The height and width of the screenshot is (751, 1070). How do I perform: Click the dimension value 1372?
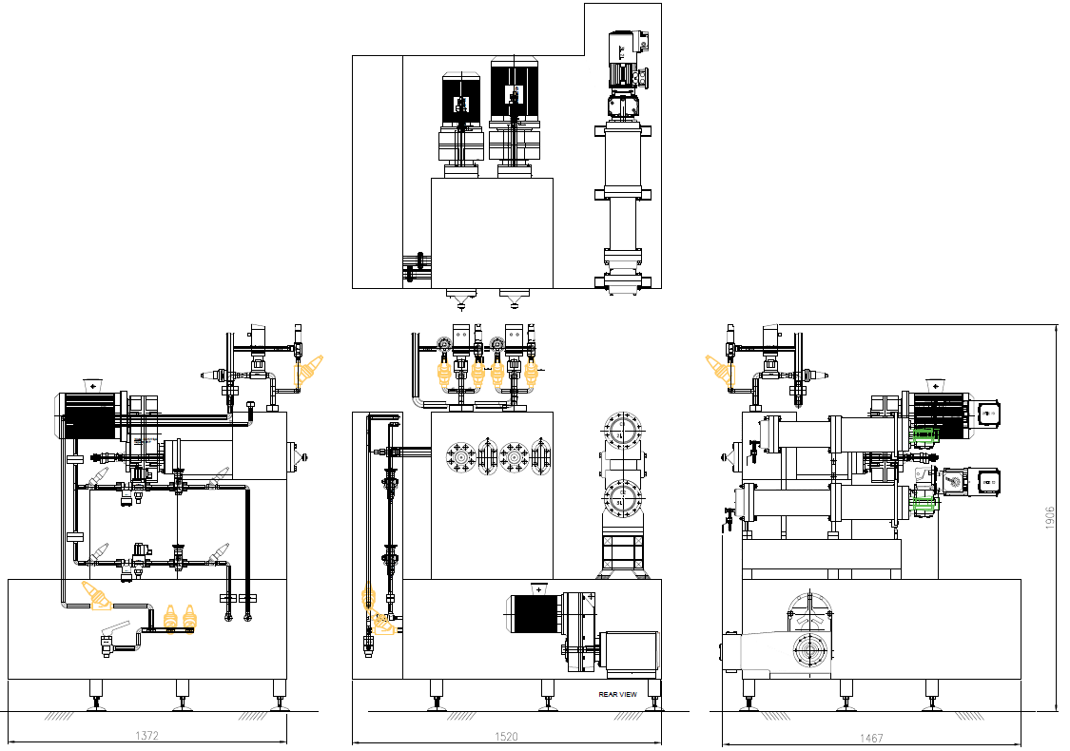(x=146, y=735)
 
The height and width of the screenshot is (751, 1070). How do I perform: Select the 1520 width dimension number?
(x=506, y=737)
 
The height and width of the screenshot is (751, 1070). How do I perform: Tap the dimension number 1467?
(x=871, y=738)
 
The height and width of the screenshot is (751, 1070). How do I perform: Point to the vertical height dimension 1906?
(x=1050, y=517)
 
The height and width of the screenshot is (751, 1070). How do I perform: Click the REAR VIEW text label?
(x=617, y=694)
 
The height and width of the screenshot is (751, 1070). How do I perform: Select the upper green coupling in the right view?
(x=924, y=435)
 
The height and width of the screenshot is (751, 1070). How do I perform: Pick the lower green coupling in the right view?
(x=924, y=505)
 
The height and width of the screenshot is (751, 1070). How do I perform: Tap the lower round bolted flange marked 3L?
(x=621, y=499)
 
